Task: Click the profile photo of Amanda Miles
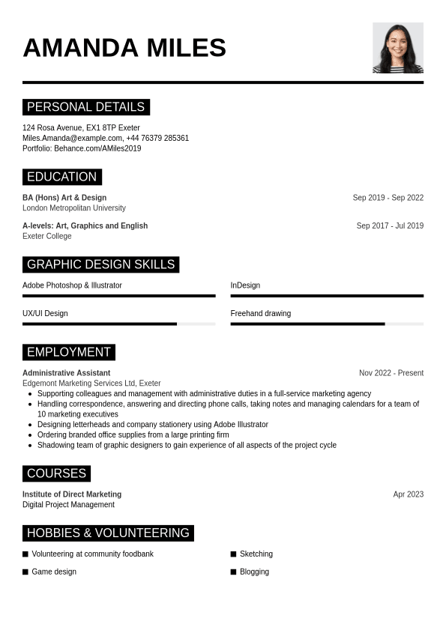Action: point(397,47)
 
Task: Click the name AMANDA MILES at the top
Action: point(124,48)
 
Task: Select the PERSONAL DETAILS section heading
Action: point(85,107)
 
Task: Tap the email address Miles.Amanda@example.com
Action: point(72,138)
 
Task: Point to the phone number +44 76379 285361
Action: point(157,138)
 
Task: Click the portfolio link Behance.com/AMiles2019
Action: point(97,148)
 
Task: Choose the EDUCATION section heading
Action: point(61,177)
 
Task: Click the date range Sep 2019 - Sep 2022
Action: point(388,198)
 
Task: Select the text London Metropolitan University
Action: point(74,208)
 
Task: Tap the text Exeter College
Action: point(47,236)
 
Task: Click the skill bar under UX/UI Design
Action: point(118,324)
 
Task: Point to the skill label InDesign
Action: point(245,285)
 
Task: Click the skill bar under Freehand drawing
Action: point(327,324)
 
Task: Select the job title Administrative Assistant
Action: point(66,373)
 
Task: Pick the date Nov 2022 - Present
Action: point(391,373)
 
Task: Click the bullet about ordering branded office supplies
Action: point(133,434)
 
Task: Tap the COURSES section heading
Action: point(56,473)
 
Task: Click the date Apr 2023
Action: point(408,494)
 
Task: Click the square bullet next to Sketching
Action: point(233,554)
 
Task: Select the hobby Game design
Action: point(54,572)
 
